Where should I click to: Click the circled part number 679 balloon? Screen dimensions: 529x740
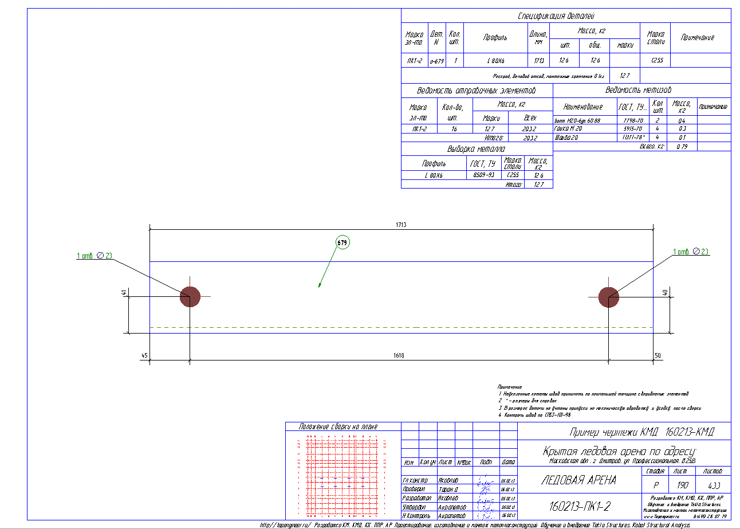[x=342, y=243]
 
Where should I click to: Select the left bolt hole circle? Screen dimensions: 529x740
[x=190, y=297]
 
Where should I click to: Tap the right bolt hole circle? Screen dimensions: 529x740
[x=608, y=297]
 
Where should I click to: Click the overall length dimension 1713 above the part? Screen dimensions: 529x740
[x=400, y=225]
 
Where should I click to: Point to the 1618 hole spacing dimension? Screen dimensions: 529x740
[x=399, y=356]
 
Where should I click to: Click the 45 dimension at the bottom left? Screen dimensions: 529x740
[x=144, y=356]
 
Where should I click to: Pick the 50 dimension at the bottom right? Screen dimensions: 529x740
[x=658, y=356]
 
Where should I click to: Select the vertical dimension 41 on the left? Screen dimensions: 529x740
[x=124, y=293]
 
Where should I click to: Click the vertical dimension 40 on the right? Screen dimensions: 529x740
[x=664, y=292]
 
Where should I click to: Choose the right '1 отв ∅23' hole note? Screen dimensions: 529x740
[x=691, y=252]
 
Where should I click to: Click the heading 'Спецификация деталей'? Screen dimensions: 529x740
[x=565, y=16]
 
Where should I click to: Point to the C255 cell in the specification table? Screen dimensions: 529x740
[x=657, y=60]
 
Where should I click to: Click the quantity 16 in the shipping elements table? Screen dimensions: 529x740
[x=454, y=130]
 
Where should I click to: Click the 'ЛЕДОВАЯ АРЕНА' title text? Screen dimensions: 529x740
[x=578, y=480]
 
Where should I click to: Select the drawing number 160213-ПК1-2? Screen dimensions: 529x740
[x=580, y=506]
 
